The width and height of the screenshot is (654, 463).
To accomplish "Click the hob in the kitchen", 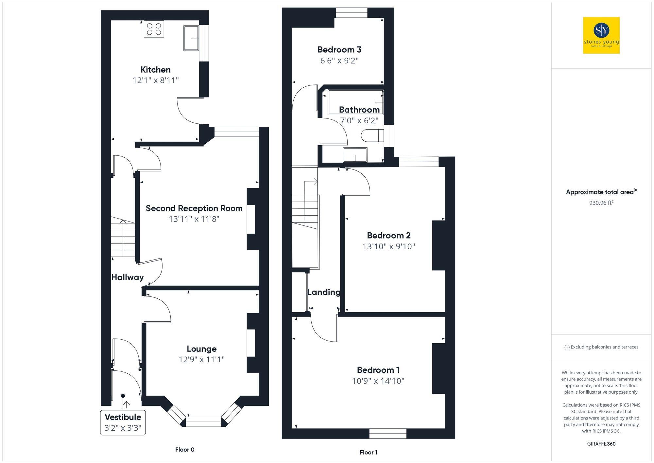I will (x=154, y=29).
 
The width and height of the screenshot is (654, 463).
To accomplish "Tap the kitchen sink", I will (x=191, y=38).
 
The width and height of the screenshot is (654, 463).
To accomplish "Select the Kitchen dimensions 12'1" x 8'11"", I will (x=156, y=80).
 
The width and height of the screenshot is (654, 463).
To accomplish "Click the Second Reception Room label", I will (x=194, y=208).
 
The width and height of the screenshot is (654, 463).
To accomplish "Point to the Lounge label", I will (x=201, y=348).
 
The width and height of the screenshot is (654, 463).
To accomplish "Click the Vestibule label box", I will (x=123, y=422).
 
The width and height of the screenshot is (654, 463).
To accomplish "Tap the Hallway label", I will (x=128, y=277).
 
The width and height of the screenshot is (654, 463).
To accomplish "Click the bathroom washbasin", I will (x=355, y=155).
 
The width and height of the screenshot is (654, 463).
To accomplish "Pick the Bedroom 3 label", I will (x=339, y=50).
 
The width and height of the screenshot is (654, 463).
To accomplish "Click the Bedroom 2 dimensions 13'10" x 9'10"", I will (x=388, y=246).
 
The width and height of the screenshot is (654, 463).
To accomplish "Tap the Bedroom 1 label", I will (x=378, y=370).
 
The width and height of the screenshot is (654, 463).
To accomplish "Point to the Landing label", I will (x=324, y=292).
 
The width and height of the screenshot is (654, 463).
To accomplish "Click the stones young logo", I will (x=601, y=35).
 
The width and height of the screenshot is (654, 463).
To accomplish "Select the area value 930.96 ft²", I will (x=601, y=203).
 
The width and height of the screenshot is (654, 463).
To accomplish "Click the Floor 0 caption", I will (x=185, y=450).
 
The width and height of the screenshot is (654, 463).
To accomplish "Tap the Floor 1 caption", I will (x=368, y=453).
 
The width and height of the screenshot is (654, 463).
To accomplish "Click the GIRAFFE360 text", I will (x=601, y=444).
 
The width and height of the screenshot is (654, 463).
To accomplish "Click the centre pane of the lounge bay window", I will (x=203, y=422).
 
